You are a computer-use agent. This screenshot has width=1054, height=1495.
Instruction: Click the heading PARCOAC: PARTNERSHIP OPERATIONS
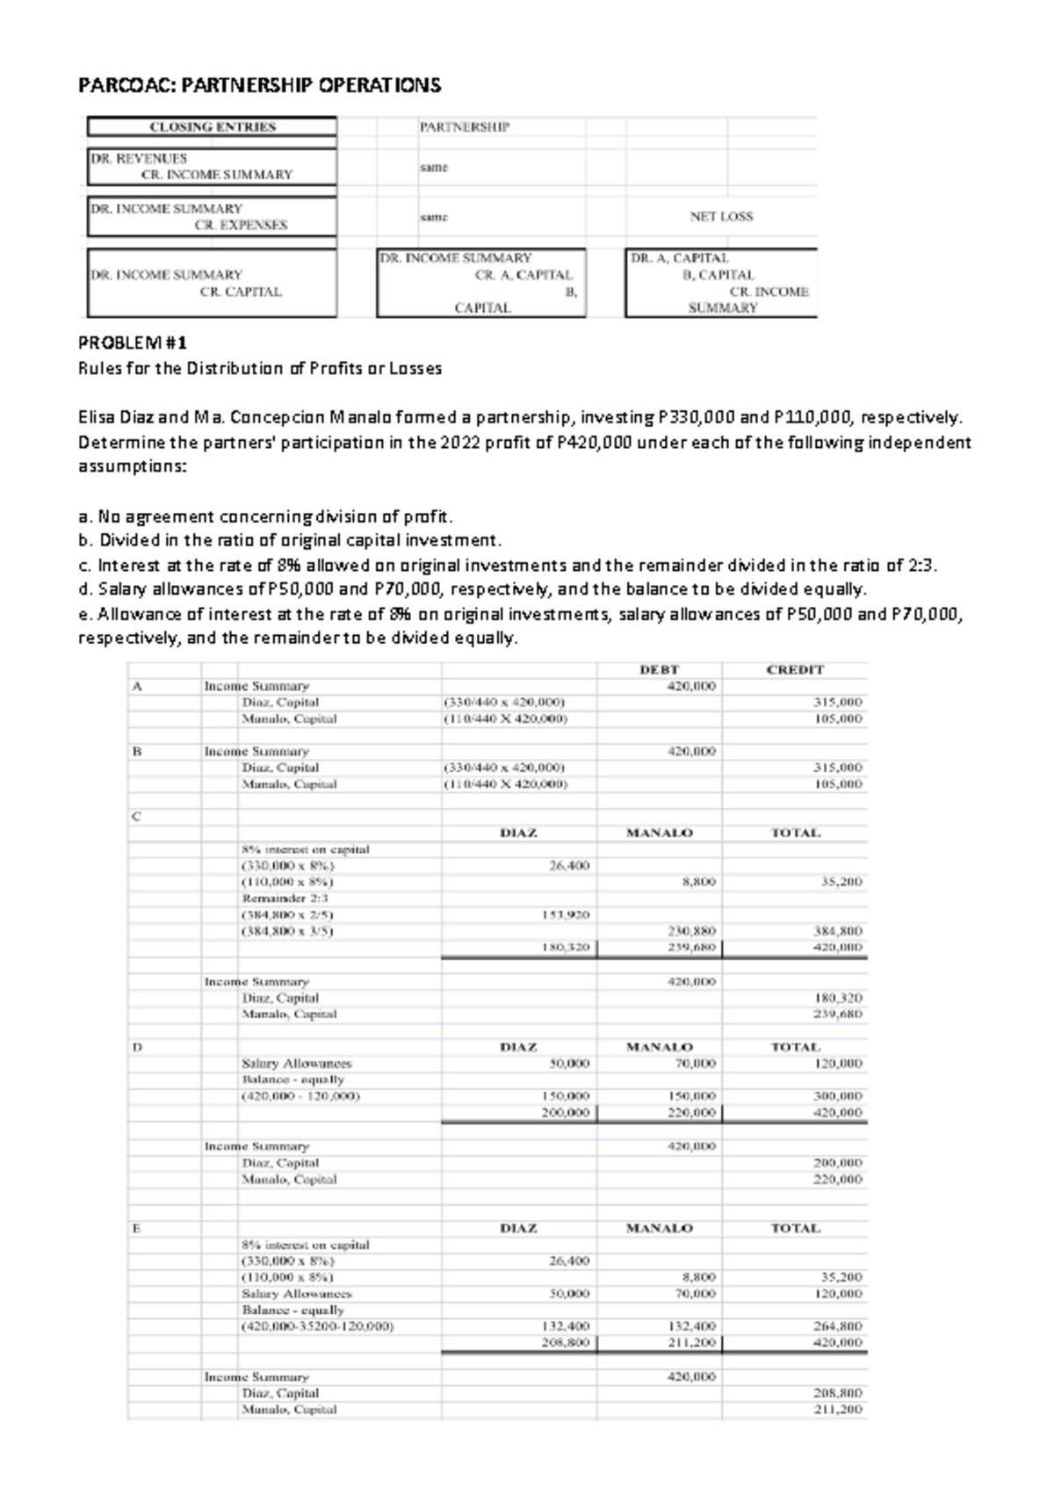[260, 85]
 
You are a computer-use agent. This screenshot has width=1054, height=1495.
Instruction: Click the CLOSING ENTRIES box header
[212, 126]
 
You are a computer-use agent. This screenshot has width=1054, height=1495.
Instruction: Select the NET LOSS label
[721, 216]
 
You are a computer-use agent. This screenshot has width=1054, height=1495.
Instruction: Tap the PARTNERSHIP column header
[464, 126]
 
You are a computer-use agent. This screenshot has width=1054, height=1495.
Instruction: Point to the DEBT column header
[659, 669]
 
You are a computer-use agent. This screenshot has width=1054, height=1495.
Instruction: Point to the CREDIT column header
[795, 669]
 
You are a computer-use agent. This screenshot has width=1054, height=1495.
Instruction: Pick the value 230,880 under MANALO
[693, 931]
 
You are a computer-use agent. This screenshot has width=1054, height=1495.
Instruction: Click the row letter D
[136, 1047]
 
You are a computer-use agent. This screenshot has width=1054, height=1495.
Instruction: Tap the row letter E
[136, 1228]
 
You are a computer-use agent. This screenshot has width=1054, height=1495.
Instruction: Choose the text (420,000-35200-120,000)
[317, 1326]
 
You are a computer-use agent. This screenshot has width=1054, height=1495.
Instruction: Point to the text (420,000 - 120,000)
[300, 1096]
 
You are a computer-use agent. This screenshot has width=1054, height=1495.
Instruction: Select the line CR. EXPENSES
[241, 225]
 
